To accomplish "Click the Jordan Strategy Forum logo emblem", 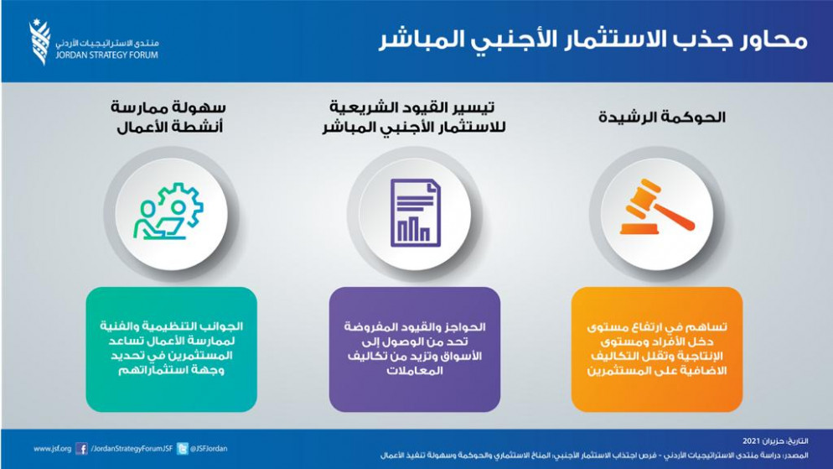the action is click(x=40, y=42).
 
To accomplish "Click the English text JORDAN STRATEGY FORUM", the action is click(x=106, y=55).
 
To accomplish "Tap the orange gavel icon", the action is click(x=657, y=207).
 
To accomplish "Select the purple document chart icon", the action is click(x=415, y=213).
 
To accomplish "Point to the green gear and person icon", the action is click(x=168, y=211).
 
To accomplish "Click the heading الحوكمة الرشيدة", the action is click(x=662, y=117).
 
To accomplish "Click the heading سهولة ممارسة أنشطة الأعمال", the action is click(x=169, y=117).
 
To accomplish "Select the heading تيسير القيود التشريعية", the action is click(x=412, y=107).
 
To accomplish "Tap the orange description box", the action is click(x=657, y=349).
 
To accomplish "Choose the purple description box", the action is click(x=414, y=349).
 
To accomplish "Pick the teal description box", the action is click(x=171, y=349).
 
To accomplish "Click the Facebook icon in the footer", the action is click(x=81, y=449).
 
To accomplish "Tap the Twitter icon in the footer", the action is click(x=182, y=449).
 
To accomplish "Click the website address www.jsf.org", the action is click(x=52, y=449).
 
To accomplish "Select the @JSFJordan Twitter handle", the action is click(x=209, y=449).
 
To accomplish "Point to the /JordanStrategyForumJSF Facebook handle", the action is click(x=132, y=449).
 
